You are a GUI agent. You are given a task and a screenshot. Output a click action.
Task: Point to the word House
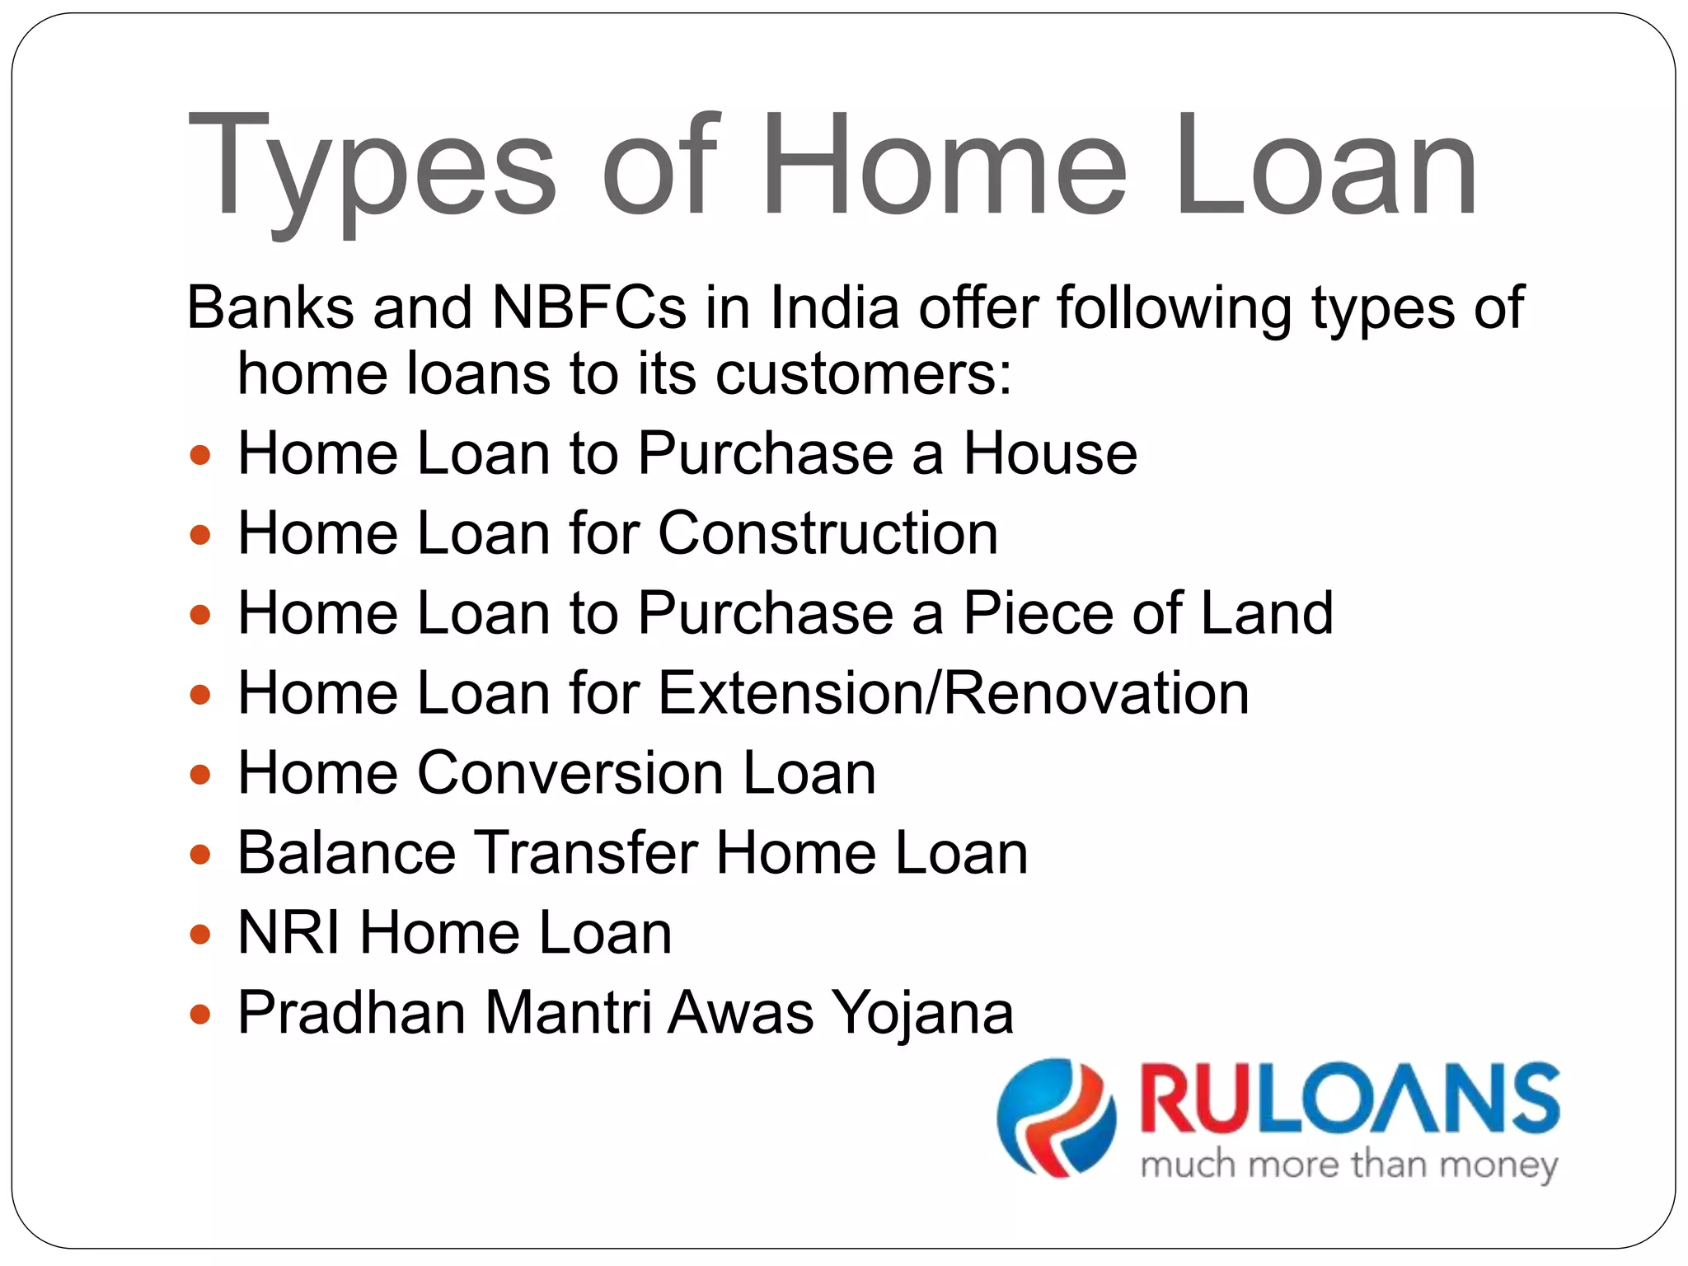click(x=1050, y=453)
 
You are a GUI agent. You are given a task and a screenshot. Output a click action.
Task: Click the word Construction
click(x=828, y=533)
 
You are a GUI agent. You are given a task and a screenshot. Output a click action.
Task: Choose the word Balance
click(x=346, y=852)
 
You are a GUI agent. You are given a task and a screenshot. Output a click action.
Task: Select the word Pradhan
click(x=351, y=1012)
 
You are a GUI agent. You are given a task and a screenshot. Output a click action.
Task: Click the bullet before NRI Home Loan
click(x=200, y=934)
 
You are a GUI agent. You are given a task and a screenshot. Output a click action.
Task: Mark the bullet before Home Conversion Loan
click(x=200, y=774)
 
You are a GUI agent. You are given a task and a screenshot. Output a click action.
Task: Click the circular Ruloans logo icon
click(x=1056, y=1118)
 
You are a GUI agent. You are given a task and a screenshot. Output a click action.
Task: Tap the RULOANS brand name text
click(x=1349, y=1100)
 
